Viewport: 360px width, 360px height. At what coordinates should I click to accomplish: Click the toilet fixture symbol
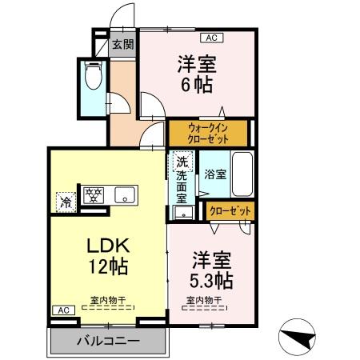(x=93, y=74)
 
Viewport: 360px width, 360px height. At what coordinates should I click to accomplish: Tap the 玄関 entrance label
(x=122, y=44)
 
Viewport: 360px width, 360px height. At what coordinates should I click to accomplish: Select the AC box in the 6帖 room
(x=212, y=38)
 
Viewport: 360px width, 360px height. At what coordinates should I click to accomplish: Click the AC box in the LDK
(x=63, y=310)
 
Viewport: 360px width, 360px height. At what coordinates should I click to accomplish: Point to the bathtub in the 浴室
(x=242, y=174)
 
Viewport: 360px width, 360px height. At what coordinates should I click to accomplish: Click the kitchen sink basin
(x=125, y=195)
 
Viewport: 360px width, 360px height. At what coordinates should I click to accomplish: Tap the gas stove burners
(x=94, y=195)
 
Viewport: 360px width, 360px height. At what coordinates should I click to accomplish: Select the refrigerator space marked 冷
(x=66, y=202)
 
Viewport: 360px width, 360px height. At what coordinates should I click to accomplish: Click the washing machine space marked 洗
(x=182, y=162)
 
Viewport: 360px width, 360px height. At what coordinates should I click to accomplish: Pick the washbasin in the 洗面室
(x=183, y=212)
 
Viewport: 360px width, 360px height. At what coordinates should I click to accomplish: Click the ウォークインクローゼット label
(x=208, y=134)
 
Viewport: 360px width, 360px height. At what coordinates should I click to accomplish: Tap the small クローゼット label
(x=230, y=211)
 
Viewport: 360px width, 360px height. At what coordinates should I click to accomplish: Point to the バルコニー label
(x=108, y=341)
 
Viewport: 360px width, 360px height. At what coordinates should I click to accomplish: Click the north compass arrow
(x=301, y=338)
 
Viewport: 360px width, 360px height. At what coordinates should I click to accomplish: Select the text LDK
(x=108, y=246)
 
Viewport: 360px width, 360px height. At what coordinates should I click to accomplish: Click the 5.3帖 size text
(x=211, y=280)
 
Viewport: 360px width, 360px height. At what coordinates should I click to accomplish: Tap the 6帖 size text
(x=197, y=84)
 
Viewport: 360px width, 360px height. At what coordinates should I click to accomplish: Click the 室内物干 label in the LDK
(x=108, y=300)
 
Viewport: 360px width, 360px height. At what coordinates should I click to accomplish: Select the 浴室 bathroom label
(x=215, y=174)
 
